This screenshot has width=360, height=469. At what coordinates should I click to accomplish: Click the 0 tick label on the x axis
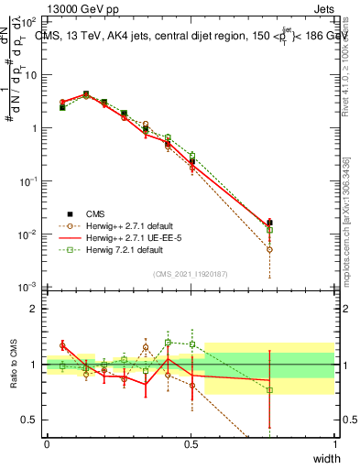click(47, 444)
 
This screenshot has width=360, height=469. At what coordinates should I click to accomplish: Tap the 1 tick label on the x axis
click(334, 444)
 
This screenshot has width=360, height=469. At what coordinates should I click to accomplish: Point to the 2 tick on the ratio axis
click(33, 309)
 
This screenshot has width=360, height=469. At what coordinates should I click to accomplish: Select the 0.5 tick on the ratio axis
click(30, 420)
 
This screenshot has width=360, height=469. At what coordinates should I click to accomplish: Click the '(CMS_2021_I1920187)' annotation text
click(191, 273)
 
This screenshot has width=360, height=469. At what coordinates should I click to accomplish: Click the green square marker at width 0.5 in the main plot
click(191, 156)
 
